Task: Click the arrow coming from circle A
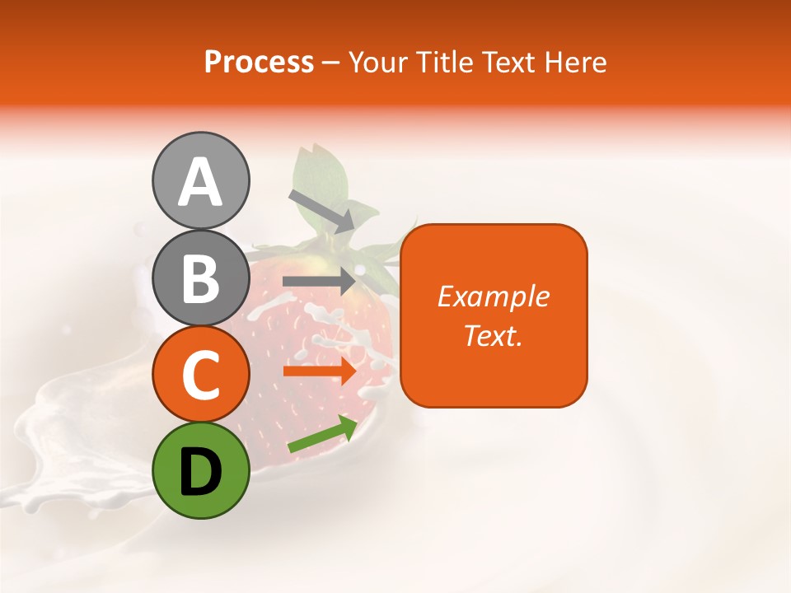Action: coord(321,211)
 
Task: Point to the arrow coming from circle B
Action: coord(318,281)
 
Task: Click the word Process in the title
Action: coord(259,62)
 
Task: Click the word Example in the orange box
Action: coord(493,296)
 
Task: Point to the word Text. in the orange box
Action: coord(493,335)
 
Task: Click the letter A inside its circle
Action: coord(200,183)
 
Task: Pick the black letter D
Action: coord(200,472)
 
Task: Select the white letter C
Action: coord(200,376)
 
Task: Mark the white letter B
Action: coord(200,278)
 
